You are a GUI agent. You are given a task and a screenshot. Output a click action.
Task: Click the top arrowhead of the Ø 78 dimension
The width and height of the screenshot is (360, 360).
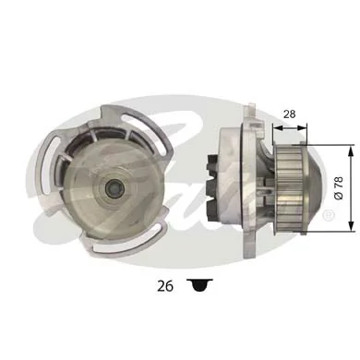pyautogui.click(x=349, y=149)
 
